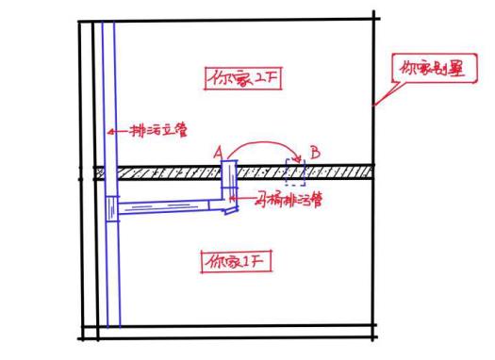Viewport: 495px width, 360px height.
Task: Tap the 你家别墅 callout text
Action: [x=431, y=69]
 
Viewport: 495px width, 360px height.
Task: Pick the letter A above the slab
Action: [x=218, y=151]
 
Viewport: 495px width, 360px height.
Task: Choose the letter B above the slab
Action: [x=315, y=151]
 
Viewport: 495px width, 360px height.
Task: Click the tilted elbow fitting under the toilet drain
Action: [x=229, y=208]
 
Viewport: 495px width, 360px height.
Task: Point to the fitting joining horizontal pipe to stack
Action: [x=112, y=208]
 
